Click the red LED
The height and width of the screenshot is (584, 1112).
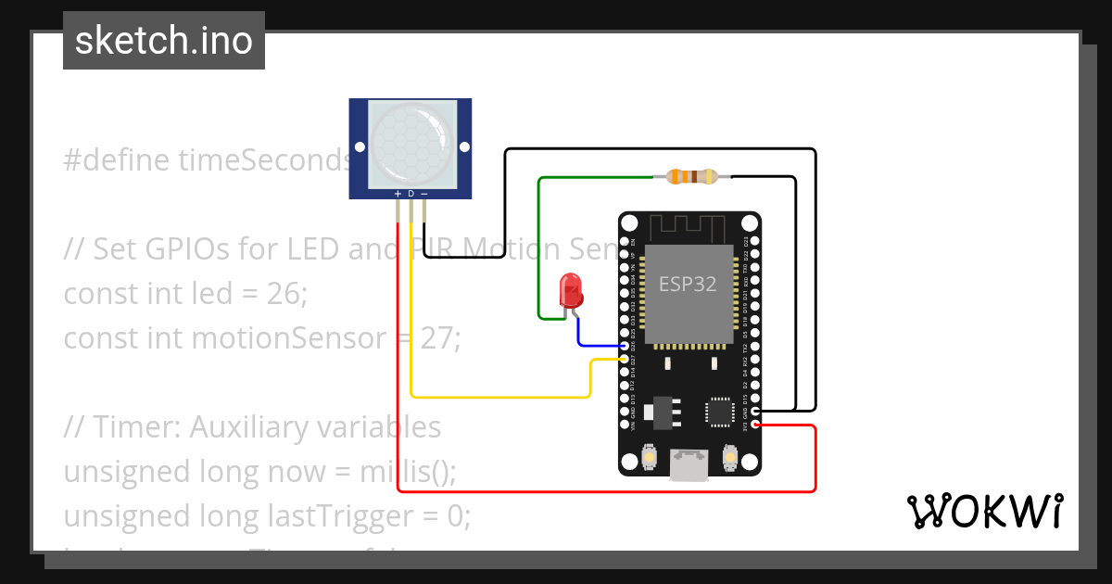pyautogui.click(x=571, y=291)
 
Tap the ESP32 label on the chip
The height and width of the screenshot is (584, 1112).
pyautogui.click(x=687, y=285)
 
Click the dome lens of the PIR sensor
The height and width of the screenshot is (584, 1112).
pyautogui.click(x=411, y=143)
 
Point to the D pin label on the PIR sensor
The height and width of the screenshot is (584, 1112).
pyautogui.click(x=411, y=194)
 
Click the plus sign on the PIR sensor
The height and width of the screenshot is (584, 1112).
pyautogui.click(x=398, y=194)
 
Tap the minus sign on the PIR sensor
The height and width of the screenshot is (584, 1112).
pyautogui.click(x=424, y=194)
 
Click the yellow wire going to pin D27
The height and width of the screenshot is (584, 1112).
pyautogui.click(x=500, y=397)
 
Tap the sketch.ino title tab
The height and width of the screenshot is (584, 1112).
pyautogui.click(x=164, y=41)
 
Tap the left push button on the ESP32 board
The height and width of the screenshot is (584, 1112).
pyautogui.click(x=648, y=456)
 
